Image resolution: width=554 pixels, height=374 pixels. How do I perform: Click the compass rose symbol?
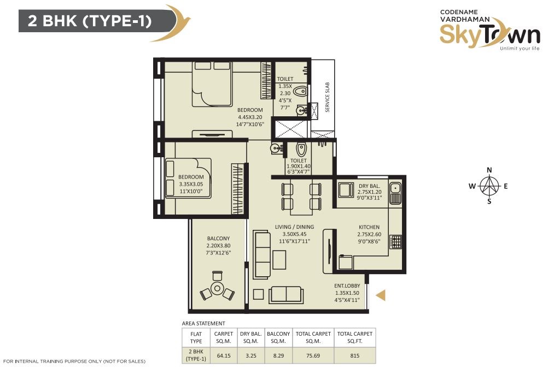click(489, 186)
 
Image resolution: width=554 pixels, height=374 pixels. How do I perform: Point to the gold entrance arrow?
click(381, 295)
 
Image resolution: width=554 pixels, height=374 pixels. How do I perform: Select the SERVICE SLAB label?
click(327, 97)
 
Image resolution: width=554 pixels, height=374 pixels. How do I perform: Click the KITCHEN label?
click(369, 227)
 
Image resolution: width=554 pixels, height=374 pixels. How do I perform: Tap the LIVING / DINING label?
click(294, 227)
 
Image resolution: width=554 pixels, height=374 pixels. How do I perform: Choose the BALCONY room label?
click(218, 239)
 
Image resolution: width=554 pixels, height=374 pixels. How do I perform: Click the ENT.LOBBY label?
click(347, 286)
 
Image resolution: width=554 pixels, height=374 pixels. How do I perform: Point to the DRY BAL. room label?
click(370, 186)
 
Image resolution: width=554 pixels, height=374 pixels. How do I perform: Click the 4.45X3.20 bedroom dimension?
click(250, 117)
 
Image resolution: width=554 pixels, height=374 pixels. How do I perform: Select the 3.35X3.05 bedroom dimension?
click(191, 184)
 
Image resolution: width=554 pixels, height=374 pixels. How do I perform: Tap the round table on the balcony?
click(217, 289)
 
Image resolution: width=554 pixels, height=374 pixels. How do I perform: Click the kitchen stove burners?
click(396, 242)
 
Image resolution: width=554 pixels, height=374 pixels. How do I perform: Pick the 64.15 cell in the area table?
click(224, 355)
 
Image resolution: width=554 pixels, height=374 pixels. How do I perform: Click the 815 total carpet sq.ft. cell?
click(355, 355)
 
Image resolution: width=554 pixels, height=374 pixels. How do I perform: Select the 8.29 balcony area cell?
click(278, 355)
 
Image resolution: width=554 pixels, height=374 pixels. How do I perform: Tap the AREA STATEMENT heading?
click(203, 323)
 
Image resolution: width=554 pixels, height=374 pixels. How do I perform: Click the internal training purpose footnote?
click(74, 361)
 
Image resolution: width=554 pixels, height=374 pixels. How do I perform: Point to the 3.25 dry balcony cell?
click(251, 355)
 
